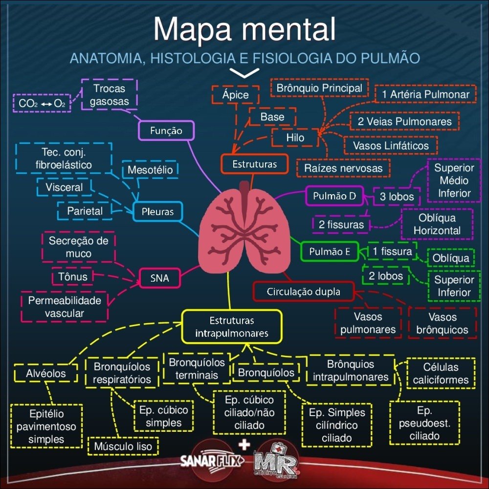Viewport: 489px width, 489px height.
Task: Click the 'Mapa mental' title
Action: coord(244,30)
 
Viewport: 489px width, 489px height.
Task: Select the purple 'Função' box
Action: coord(166,131)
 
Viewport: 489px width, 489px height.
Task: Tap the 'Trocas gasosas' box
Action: coord(109,95)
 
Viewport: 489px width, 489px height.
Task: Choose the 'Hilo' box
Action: coord(295,138)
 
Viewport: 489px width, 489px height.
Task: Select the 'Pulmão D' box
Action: coord(334,197)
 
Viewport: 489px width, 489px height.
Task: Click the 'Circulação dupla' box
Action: coord(303,292)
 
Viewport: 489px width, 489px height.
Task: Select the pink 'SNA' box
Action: coord(160,278)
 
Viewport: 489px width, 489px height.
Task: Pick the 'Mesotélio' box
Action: coord(150,170)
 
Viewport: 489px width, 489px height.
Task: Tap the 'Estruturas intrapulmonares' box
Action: coord(232,327)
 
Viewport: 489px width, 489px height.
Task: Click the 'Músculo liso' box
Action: coord(123,446)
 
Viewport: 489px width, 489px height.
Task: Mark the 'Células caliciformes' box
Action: coord(441,373)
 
